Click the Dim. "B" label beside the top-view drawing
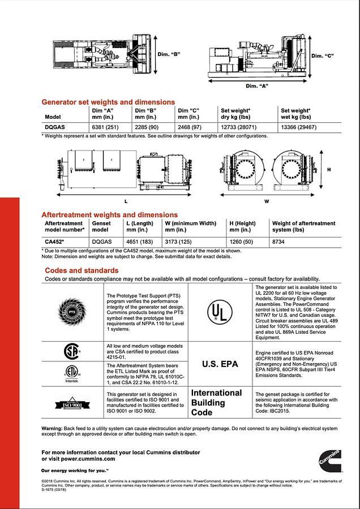(168, 54)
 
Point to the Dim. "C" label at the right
(322, 56)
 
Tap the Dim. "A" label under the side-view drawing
(256, 86)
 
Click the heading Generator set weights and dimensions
(108, 102)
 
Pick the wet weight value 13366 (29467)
(299, 127)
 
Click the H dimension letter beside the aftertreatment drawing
(329, 170)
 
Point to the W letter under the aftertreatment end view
(267, 201)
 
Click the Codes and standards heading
(82, 270)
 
